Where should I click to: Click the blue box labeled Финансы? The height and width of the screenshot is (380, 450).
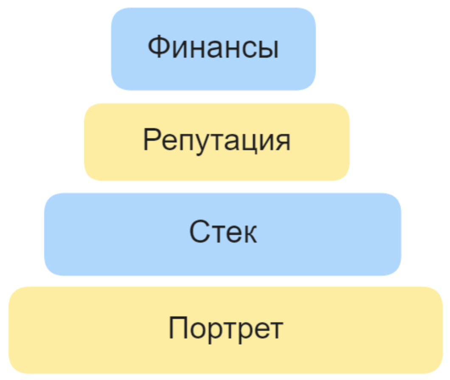pyautogui.click(x=214, y=49)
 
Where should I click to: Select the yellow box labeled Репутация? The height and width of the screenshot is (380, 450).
pyautogui.click(x=217, y=142)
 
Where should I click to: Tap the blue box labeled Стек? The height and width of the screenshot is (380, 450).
pyautogui.click(x=222, y=234)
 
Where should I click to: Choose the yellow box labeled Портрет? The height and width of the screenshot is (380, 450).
pyautogui.click(x=225, y=330)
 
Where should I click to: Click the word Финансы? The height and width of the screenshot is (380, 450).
pyautogui.click(x=213, y=47)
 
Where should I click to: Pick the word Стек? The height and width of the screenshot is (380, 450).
pyautogui.click(x=223, y=232)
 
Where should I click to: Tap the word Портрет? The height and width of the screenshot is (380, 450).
pyautogui.click(x=226, y=329)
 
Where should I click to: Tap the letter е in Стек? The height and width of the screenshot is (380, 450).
pyautogui.click(x=232, y=234)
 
